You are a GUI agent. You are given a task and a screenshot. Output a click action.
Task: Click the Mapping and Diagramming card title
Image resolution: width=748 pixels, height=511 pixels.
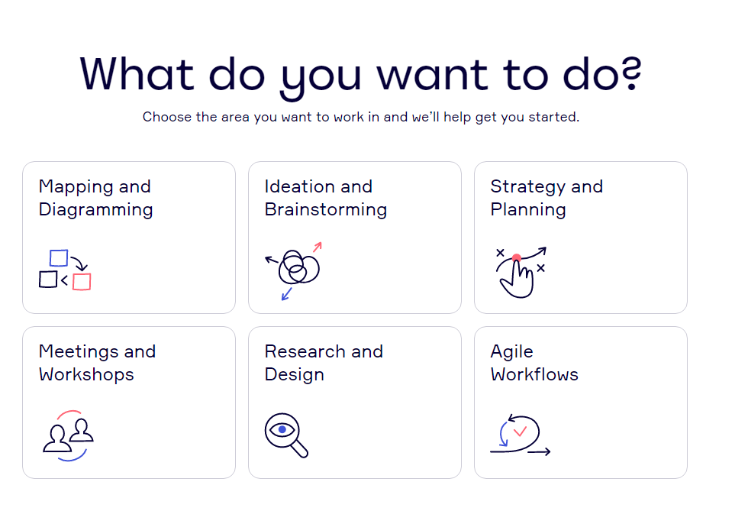pyautogui.click(x=95, y=198)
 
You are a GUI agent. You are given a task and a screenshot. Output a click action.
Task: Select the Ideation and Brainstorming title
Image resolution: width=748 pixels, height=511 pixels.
pyautogui.click(x=325, y=198)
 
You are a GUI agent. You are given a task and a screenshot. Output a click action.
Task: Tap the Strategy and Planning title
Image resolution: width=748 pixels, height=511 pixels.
pyautogui.click(x=546, y=198)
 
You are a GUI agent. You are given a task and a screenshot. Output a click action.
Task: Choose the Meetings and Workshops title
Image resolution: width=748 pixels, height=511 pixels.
pyautogui.click(x=98, y=363)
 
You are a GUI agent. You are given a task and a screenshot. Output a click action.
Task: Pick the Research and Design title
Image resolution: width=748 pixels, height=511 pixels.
pyautogui.click(x=324, y=363)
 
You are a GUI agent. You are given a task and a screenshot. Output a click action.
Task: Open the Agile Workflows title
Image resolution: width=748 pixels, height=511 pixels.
pyautogui.click(x=534, y=363)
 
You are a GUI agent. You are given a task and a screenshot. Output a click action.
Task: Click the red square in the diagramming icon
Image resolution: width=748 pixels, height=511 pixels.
pyautogui.click(x=82, y=282)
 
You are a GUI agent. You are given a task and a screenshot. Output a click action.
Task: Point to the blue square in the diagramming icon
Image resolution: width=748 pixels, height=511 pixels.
pyautogui.click(x=59, y=258)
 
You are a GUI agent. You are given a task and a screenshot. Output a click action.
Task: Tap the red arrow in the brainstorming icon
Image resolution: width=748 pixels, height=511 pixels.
pyautogui.click(x=318, y=247)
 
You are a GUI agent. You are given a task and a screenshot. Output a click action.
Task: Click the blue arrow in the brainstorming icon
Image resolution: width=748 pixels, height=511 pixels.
pyautogui.click(x=286, y=294)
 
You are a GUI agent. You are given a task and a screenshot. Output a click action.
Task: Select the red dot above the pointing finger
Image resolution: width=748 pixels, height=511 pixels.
pyautogui.click(x=517, y=258)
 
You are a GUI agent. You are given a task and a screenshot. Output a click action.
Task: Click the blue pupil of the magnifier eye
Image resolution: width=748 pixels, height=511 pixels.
pyautogui.click(x=282, y=429)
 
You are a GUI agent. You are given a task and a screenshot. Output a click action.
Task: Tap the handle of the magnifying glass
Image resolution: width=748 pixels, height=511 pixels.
pyautogui.click(x=299, y=448)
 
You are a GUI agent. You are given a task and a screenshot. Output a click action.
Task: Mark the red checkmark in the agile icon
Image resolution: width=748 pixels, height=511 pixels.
pyautogui.click(x=520, y=432)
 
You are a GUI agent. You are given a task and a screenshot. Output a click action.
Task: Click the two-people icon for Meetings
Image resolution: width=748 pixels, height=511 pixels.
pyautogui.click(x=68, y=435)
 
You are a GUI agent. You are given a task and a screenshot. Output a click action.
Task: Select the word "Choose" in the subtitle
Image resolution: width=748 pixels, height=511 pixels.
pyautogui.click(x=167, y=117)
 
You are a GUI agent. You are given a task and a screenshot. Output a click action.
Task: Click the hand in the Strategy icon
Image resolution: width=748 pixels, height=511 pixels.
pyautogui.click(x=517, y=280)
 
